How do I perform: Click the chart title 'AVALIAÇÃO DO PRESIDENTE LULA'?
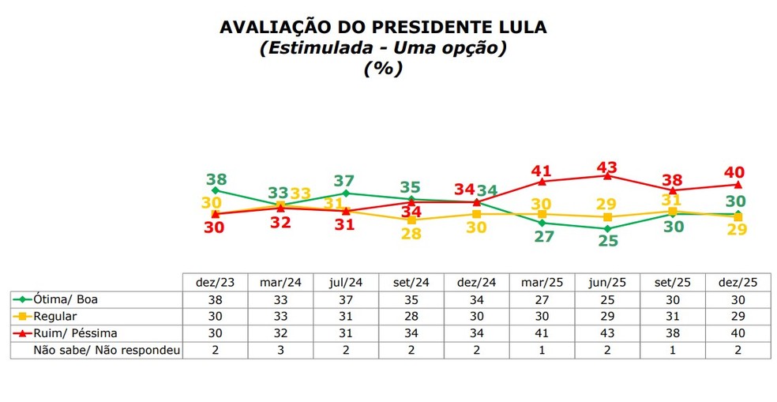[383, 28]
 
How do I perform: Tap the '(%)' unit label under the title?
[383, 68]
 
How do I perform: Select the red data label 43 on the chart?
[607, 167]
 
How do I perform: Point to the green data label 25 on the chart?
[607, 241]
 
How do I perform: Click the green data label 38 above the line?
[216, 179]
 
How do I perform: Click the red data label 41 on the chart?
[541, 171]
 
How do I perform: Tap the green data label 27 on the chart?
[542, 236]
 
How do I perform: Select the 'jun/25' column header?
[606, 282]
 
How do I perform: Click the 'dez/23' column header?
[215, 282]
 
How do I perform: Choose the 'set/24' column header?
[411, 282]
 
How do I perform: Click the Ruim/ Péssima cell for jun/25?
[606, 333]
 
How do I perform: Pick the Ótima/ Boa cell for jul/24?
[345, 299]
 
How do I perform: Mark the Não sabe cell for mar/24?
[280, 350]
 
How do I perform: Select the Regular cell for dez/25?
[737, 317]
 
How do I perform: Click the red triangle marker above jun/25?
[607, 176]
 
